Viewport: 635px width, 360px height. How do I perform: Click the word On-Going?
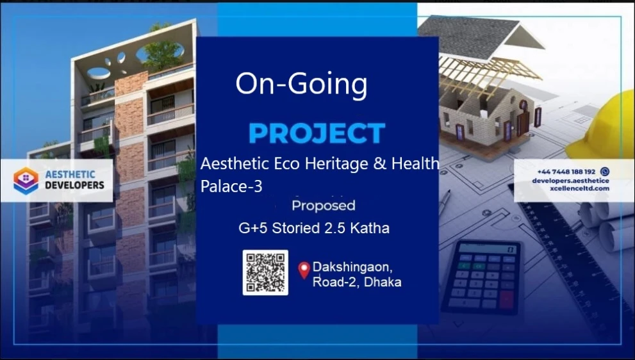(x=301, y=84)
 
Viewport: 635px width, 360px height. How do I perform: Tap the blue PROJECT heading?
(x=317, y=133)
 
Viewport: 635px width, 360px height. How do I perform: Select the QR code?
(x=265, y=272)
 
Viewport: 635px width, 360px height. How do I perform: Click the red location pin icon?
(x=304, y=270)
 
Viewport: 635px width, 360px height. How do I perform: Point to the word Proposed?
(x=323, y=206)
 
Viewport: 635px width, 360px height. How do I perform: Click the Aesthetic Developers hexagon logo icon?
(x=26, y=181)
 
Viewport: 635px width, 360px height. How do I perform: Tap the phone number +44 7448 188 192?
(x=566, y=172)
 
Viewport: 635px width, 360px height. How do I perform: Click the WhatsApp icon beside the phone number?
(x=605, y=171)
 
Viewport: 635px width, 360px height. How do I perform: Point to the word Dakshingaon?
(x=352, y=267)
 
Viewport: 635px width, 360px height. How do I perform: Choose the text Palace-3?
(x=231, y=186)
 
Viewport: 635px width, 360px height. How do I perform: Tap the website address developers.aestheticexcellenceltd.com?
(x=570, y=184)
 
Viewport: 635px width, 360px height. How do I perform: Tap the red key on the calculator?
(x=506, y=300)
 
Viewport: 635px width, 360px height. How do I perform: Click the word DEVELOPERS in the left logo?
(x=74, y=185)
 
